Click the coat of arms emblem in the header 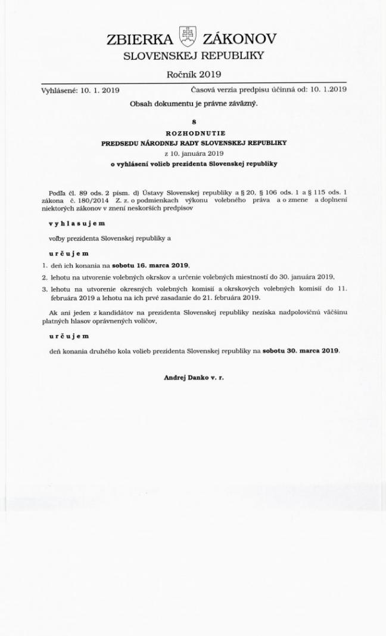[189, 38]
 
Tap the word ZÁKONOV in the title [239, 39]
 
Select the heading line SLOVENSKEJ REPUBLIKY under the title [193, 57]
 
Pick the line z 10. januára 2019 [194, 153]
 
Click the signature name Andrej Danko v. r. [194, 378]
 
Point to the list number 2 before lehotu [44, 276]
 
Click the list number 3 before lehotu [44, 289]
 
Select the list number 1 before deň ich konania [44, 264]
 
